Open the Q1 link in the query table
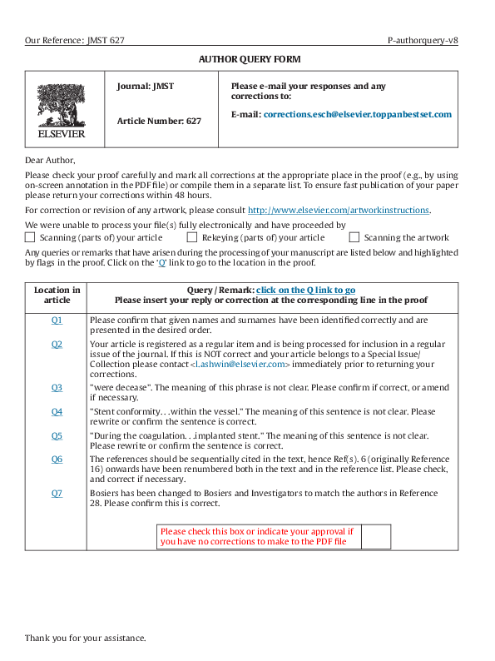pos(57,320)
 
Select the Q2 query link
pos(57,344)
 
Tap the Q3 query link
pos(57,387)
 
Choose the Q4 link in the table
pos(57,411)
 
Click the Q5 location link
pos(57,435)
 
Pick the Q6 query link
pos(57,459)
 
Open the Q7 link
pos(57,493)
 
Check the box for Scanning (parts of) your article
pos(31,237)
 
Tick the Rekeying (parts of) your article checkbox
pos(193,237)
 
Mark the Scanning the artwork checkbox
pos(354,237)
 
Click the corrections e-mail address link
pos(357,114)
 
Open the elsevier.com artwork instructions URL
pos(339,210)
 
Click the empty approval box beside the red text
pos(376,537)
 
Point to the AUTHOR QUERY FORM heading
pos(249,59)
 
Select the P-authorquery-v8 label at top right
pos(423,40)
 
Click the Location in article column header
pos(57,295)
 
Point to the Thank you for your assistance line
pos(85,638)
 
